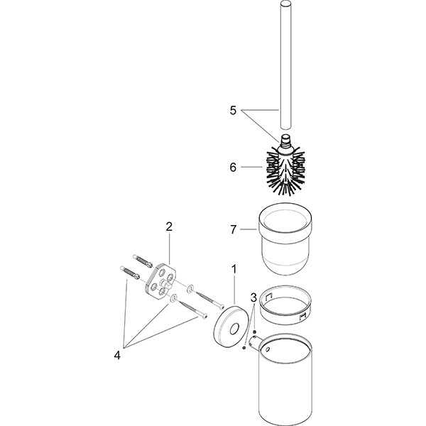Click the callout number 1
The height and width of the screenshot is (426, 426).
[x=234, y=270]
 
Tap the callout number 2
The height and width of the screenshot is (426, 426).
[x=169, y=226]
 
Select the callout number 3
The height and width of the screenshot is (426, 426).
[x=253, y=297]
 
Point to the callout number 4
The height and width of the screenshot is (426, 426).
[x=117, y=355]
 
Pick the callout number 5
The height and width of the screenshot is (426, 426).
[x=233, y=111]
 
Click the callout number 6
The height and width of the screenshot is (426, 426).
[x=233, y=167]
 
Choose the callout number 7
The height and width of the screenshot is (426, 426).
[x=234, y=230]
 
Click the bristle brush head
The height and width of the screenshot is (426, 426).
[x=285, y=173]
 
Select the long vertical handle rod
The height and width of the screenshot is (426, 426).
[x=285, y=65]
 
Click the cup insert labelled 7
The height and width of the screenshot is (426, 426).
[x=285, y=239]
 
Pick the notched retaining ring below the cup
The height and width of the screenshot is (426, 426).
[x=285, y=305]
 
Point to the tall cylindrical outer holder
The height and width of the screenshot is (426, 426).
[x=285, y=379]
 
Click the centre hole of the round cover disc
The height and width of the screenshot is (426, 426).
[x=234, y=329]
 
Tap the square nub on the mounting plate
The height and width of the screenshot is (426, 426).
[x=167, y=285]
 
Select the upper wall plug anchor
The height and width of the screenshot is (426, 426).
[x=143, y=261]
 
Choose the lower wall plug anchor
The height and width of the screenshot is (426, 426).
[x=130, y=273]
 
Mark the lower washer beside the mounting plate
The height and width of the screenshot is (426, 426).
[x=173, y=297]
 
